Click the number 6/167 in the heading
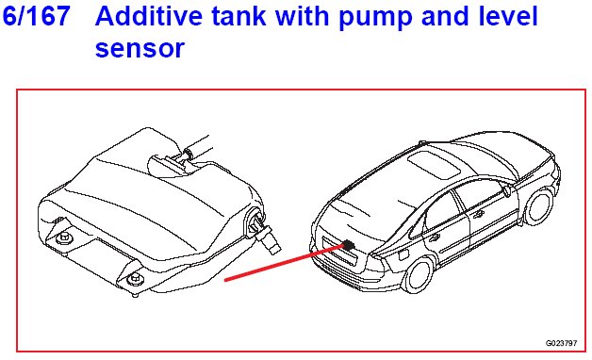36,15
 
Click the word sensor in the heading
140,49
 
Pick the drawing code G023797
561,343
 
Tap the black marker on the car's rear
349,245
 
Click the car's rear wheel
418,276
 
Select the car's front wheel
539,207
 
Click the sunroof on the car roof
435,164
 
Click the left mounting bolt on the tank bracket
62,238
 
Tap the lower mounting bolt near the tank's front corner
135,280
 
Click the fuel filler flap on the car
403,254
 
